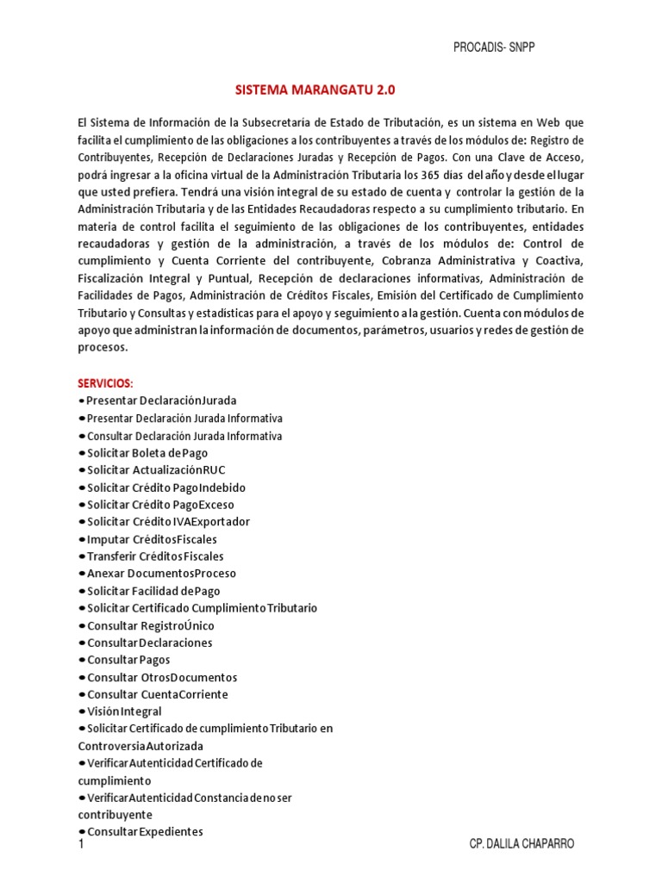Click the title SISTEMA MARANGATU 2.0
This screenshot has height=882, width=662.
[315, 90]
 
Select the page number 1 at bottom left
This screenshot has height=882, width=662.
[81, 845]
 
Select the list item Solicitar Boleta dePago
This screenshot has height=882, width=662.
[147, 452]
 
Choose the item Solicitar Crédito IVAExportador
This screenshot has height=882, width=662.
[169, 521]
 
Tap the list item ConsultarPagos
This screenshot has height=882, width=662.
[128, 660]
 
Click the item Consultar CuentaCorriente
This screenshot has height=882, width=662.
[158, 694]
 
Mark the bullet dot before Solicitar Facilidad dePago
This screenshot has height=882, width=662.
[82, 591]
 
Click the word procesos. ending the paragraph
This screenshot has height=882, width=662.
[103, 347]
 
